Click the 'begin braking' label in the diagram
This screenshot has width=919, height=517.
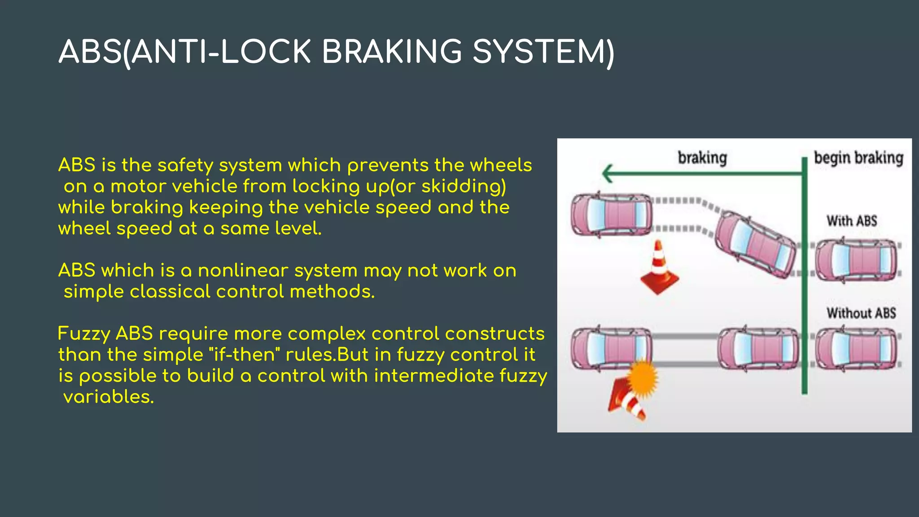(x=858, y=158)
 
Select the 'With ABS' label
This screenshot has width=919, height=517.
(x=852, y=221)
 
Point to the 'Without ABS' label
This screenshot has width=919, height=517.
(x=861, y=313)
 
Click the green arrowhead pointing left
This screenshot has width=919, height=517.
(x=608, y=173)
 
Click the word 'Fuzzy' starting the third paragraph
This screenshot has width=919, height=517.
(x=84, y=334)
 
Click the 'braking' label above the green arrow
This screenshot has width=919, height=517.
(x=702, y=158)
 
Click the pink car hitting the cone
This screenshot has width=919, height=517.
(x=611, y=348)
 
